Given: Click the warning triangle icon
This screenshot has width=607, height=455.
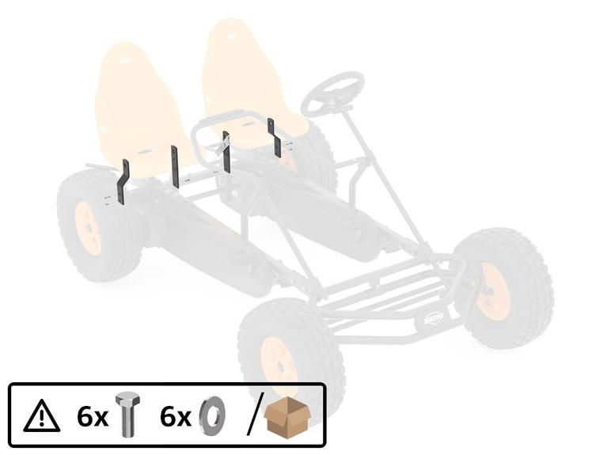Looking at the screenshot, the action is [x=41, y=417].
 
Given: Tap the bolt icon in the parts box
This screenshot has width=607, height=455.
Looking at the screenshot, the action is [x=128, y=415].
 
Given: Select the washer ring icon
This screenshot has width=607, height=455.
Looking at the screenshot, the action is [x=212, y=416].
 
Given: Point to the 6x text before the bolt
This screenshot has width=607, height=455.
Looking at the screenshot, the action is [x=92, y=417].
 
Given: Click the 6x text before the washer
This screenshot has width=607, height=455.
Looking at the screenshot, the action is [x=175, y=417].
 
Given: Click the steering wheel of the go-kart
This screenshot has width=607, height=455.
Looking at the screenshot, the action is [x=333, y=93].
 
